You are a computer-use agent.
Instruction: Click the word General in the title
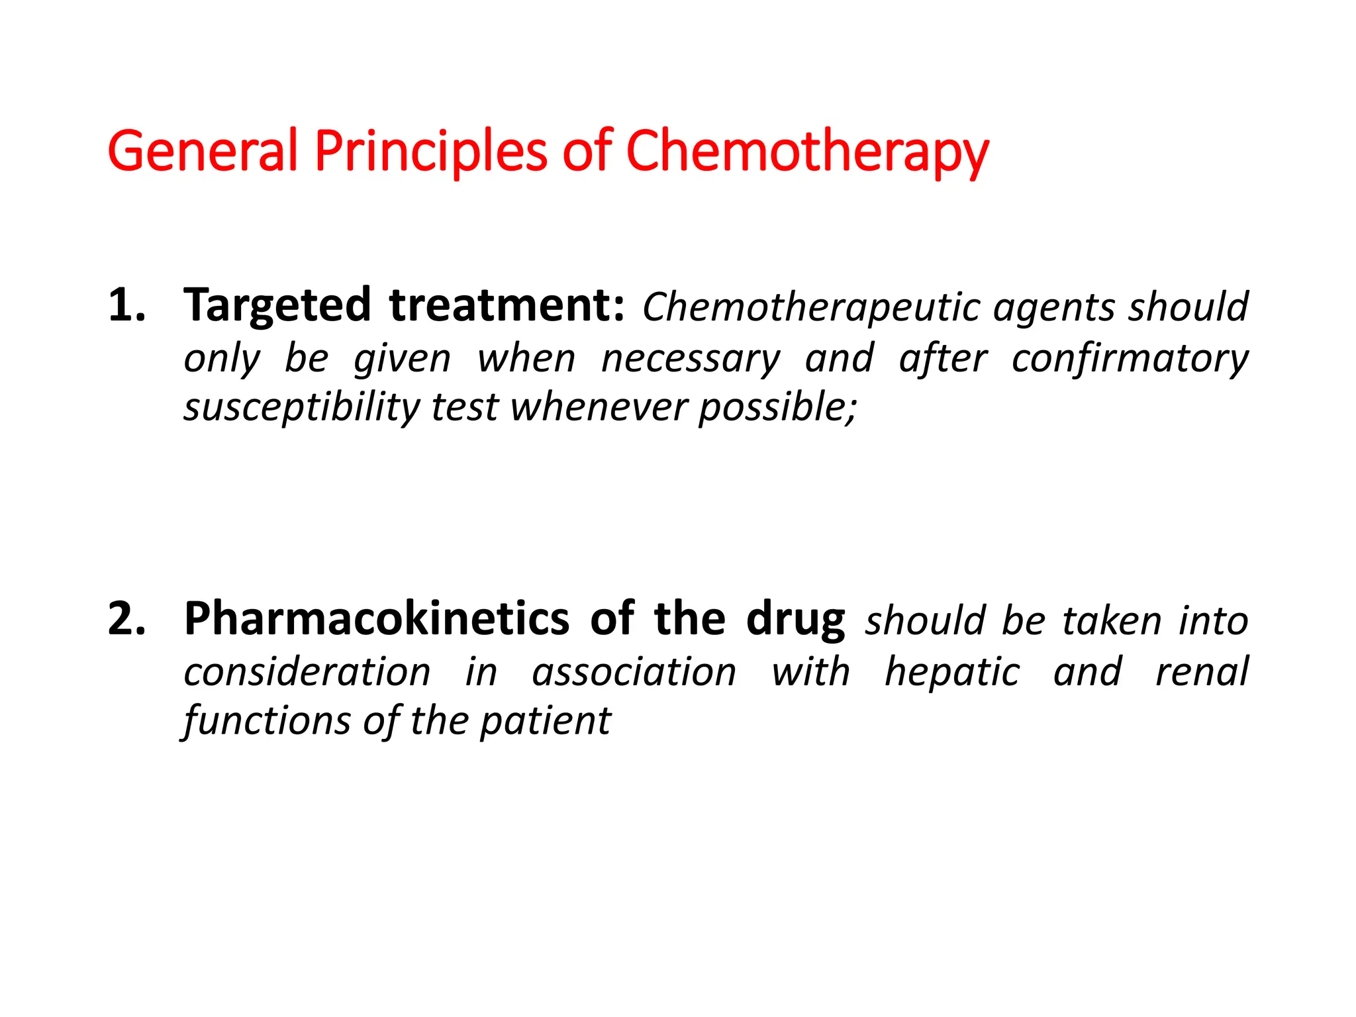point(203,151)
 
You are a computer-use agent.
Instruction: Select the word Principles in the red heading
point(431,151)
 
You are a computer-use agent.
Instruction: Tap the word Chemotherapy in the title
point(807,151)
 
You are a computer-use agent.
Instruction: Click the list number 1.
point(126,305)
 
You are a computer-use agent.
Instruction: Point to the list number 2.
point(126,619)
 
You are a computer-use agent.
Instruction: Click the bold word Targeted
point(277,305)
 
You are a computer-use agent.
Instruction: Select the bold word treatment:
point(507,305)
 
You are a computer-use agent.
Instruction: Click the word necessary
point(691,359)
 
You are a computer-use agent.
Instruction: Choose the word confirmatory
point(1130,359)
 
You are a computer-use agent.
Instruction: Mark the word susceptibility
point(301,407)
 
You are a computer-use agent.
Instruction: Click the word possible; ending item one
point(778,407)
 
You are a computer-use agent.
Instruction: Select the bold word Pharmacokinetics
point(376,619)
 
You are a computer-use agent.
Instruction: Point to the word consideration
point(307,672)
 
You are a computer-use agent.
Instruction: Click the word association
point(634,672)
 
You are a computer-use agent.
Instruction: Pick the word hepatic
point(953,672)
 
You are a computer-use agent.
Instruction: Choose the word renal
point(1202,672)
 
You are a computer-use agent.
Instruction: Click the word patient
point(545,720)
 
